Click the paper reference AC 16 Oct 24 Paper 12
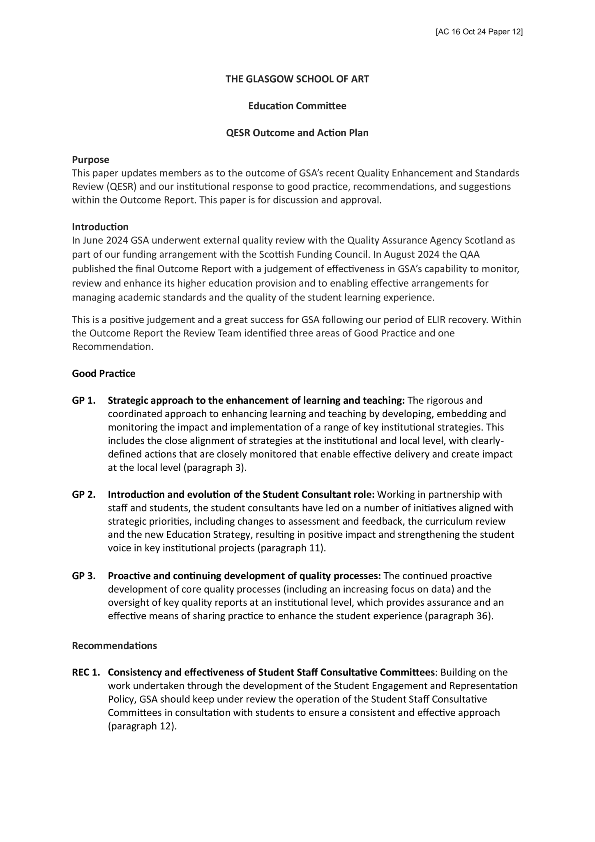479,32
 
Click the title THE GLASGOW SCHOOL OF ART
297,79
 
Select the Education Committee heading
297,106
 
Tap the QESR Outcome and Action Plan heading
297,133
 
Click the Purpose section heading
90,160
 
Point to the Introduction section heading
100,227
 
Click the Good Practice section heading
104,373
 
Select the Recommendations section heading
114,645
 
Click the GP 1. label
84,400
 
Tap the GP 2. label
84,494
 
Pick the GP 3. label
84,576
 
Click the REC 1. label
86,673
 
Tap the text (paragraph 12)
142,726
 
